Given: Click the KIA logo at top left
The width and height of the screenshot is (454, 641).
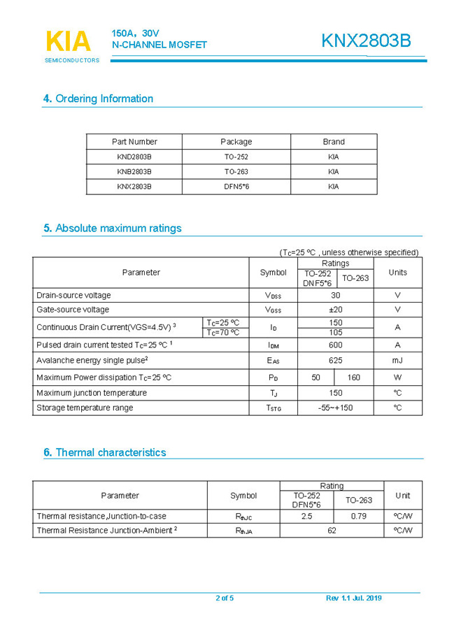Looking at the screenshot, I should pyautogui.click(x=69, y=43).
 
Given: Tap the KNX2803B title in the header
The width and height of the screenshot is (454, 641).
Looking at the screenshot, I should pyautogui.click(x=366, y=41).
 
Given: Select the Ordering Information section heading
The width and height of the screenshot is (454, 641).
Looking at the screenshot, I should pyautogui.click(x=98, y=99).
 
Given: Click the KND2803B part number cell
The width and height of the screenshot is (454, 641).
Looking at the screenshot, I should pyautogui.click(x=134, y=157).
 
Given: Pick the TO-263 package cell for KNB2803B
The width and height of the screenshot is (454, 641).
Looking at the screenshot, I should pyautogui.click(x=236, y=171).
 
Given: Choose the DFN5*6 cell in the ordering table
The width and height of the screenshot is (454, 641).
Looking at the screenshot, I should pyautogui.click(x=236, y=187).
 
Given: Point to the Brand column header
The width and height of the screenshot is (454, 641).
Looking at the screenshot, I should pyautogui.click(x=333, y=141).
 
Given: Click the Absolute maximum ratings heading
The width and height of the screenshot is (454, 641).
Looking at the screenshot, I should pyautogui.click(x=112, y=228).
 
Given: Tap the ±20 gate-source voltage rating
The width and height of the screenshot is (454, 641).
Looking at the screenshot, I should pyautogui.click(x=336, y=310).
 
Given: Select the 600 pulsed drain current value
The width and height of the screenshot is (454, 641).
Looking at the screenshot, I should pyautogui.click(x=336, y=345).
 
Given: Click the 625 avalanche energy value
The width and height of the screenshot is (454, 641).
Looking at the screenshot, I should pyautogui.click(x=336, y=361).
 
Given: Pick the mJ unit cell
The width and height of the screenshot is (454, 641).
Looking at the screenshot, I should pyautogui.click(x=397, y=361).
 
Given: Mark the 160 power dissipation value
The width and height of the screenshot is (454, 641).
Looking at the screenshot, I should pyautogui.click(x=354, y=377).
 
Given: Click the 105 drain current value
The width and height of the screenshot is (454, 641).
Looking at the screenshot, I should pyautogui.click(x=336, y=333).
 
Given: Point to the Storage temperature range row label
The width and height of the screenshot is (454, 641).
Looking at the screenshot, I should pyautogui.click(x=85, y=408).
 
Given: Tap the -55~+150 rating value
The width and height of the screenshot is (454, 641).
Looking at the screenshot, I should pyautogui.click(x=336, y=408).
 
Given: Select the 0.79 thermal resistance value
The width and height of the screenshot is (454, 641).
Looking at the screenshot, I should pyautogui.click(x=359, y=516).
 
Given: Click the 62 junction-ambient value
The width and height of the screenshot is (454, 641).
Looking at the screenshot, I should pyautogui.click(x=332, y=531).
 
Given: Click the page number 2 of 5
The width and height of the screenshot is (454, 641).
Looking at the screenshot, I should pyautogui.click(x=225, y=598).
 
